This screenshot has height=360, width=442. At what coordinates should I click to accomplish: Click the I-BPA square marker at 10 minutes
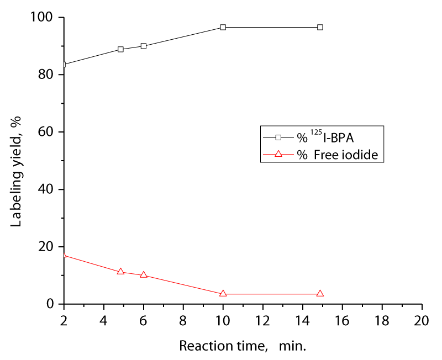click(223, 27)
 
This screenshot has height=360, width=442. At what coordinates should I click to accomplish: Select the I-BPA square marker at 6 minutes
click(144, 46)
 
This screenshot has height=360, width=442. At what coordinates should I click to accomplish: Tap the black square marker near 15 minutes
click(320, 27)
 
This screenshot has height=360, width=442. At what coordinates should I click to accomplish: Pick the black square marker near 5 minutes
click(120, 49)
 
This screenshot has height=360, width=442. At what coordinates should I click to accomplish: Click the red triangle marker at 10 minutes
click(223, 294)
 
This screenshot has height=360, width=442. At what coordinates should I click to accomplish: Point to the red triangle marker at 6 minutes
click(144, 274)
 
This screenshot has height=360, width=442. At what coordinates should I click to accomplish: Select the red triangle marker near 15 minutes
click(320, 294)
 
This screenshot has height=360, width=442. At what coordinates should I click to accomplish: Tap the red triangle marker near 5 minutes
click(120, 272)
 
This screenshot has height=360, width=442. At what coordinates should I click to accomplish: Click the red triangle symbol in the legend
click(278, 155)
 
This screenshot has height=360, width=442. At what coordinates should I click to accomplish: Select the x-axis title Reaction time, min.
click(243, 346)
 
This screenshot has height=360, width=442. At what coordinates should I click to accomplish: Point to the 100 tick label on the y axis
click(45, 18)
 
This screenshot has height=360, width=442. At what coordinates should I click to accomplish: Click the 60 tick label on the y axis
click(48, 132)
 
